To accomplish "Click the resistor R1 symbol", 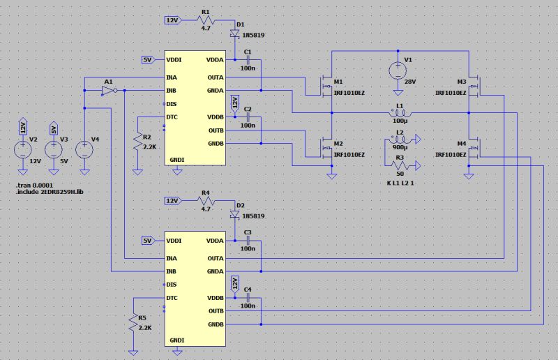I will coord(205,21).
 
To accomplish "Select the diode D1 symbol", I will coord(234,32).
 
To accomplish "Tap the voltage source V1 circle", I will coord(397,70).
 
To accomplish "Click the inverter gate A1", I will coord(107,91).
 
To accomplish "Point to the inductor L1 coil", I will coord(400,114).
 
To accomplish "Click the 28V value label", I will coord(410,82).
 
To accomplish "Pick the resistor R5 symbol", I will coord(133,324).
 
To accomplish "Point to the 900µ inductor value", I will coord(400,147).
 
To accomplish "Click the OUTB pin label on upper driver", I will coord(215,130).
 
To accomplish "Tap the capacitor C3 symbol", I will coord(247,241).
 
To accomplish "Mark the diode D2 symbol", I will coord(234,213).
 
